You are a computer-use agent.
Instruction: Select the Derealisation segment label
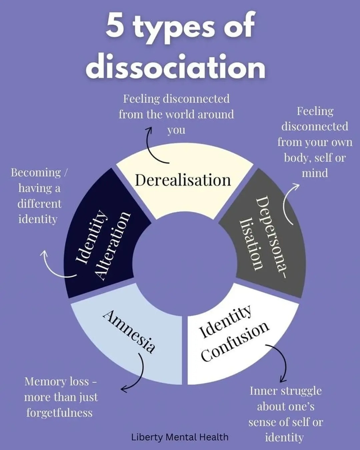[183, 180]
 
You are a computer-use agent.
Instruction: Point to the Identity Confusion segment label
[233, 334]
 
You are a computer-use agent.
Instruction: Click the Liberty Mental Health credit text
[180, 437]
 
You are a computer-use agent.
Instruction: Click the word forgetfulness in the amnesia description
[59, 413]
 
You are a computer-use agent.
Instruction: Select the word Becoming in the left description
[36, 173]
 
